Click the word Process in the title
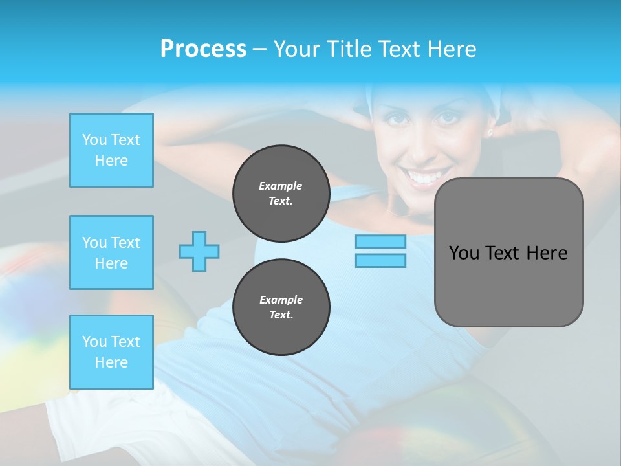203,49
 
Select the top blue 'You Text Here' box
111,150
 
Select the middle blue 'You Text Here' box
111,252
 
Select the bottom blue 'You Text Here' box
111,352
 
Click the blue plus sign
199,251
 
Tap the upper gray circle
281,194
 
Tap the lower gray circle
281,307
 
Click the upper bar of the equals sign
380,241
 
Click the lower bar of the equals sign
380,260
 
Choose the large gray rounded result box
508,252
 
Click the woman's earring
490,133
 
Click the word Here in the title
452,49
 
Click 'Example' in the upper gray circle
281,186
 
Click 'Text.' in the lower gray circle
281,315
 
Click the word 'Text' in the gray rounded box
503,252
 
